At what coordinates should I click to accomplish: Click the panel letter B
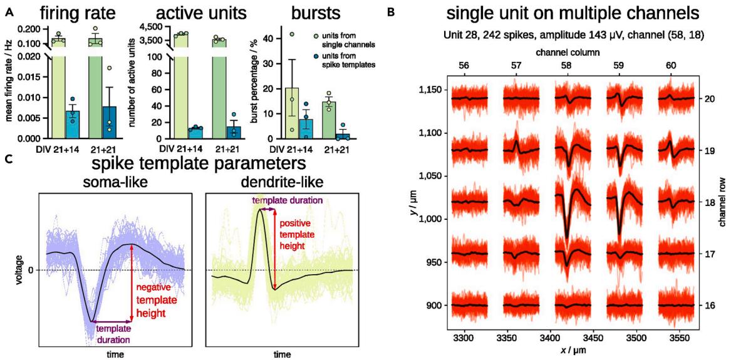coord(391,11)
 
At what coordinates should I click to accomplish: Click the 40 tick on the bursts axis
coord(271,38)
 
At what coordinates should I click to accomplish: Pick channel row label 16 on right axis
coord(705,306)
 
